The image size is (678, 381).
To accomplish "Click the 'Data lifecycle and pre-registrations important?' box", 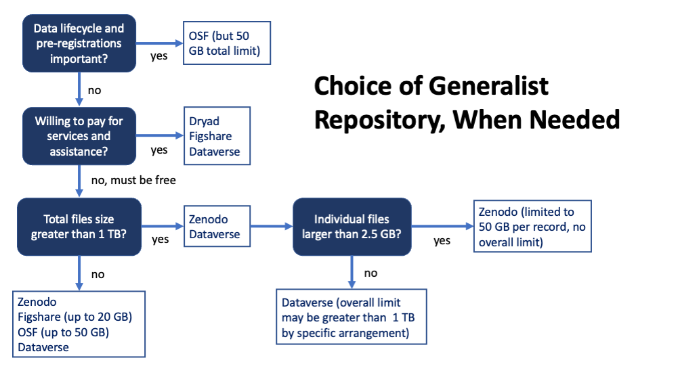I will (x=79, y=44).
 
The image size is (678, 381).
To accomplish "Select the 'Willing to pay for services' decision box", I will (x=79, y=135).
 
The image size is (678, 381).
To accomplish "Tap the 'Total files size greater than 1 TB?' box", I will (x=79, y=227).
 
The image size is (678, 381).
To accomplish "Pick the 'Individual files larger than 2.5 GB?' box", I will (x=352, y=227).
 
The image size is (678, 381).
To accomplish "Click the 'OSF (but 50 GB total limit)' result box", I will (x=227, y=44).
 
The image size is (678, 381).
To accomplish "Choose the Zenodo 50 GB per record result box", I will (x=532, y=226).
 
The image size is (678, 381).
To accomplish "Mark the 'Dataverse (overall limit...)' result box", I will (x=352, y=317).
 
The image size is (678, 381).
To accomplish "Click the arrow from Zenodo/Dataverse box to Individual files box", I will (x=270, y=227).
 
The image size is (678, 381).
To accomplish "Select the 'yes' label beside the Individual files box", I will (x=442, y=241).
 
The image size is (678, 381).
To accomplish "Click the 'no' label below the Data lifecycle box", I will (x=95, y=89).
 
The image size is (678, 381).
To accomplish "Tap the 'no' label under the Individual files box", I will (x=370, y=273).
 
